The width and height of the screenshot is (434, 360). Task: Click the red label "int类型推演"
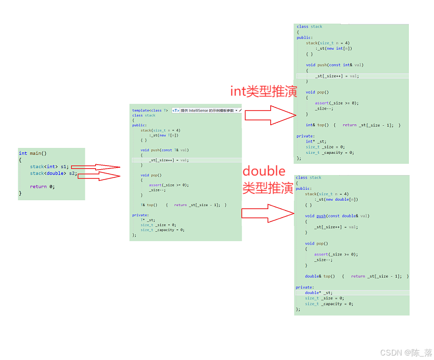pyautogui.click(x=264, y=91)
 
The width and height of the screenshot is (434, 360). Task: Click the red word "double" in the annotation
pyautogui.click(x=264, y=171)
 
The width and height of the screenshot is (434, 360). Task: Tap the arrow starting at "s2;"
pyautogui.click(x=99, y=175)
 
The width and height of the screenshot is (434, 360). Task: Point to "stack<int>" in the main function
pyautogui.click(x=43, y=167)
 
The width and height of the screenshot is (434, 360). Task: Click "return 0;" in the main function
pyautogui.click(x=42, y=186)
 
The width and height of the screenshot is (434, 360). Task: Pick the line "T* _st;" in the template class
pyautogui.click(x=147, y=220)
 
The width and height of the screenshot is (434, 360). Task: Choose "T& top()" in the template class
pyautogui.click(x=148, y=205)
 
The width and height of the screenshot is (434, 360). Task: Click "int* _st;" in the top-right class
pyautogui.click(x=316, y=142)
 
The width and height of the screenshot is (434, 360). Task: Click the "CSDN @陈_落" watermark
pyautogui.click(x=406, y=353)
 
